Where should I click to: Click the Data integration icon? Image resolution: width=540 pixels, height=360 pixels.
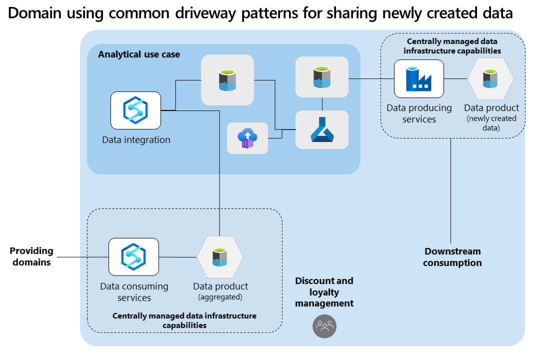pos(135,110)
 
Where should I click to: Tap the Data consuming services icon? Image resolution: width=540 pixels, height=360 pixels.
pos(133,256)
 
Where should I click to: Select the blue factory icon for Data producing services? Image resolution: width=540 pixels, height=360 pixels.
pos(419,79)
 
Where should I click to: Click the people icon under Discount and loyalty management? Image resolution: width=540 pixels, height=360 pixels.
pos(324,326)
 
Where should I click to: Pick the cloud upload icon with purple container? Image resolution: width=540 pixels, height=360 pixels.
pos(247,138)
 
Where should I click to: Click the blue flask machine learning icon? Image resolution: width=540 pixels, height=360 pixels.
pos(322,129)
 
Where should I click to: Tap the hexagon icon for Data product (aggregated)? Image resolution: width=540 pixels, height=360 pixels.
pos(220,257)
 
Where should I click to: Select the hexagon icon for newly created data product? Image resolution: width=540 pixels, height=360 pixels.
pos(490,79)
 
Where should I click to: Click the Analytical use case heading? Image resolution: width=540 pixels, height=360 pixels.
pos(139,54)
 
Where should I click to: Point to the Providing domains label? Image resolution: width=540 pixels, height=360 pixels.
pos(31,256)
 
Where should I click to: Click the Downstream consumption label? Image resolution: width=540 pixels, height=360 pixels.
pos(452,257)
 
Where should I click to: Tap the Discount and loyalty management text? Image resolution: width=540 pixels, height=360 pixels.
pos(324,292)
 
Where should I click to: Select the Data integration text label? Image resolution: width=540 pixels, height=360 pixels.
pos(136,140)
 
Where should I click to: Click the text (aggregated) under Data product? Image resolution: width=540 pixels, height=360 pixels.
pos(220,297)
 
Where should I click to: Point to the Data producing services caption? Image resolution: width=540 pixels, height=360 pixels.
pos(419,113)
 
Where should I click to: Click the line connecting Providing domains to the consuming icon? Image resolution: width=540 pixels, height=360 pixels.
pos(83,257)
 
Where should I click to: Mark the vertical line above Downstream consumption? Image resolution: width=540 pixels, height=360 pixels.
pos(450,191)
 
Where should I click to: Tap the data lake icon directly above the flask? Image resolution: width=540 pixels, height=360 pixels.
pos(322,77)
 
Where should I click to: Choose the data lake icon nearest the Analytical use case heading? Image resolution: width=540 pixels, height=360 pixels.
pos(227,80)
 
